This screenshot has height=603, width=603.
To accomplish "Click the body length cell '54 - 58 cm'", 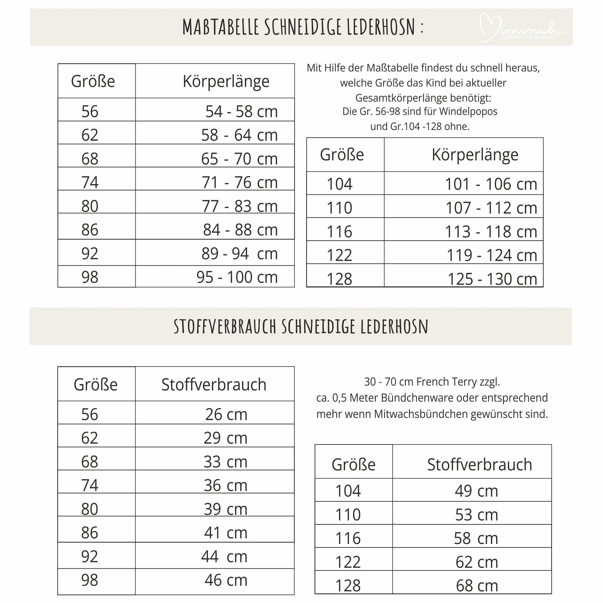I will click(241, 112).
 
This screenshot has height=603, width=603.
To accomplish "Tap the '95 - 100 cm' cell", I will click(237, 277).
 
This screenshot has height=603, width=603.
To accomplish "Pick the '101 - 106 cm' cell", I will click(491, 184).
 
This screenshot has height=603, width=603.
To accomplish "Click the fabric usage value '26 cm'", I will click(226, 414).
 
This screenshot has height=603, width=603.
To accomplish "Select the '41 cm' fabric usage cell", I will click(226, 533).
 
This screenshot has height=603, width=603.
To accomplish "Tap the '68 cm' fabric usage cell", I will click(477, 586).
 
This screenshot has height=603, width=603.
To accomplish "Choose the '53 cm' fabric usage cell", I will click(476, 515).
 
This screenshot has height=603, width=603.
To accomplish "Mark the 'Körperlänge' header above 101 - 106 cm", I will click(475, 155).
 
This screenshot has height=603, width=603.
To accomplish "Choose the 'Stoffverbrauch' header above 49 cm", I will click(479, 465).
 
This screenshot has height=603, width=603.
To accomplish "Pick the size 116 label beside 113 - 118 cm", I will click(339, 232).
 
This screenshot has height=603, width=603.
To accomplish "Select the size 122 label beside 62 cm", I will click(348, 562).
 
